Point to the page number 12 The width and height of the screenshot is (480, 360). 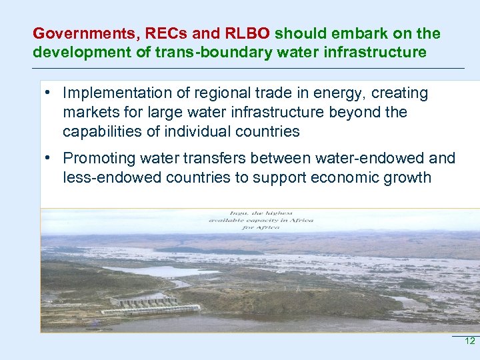pos(469,341)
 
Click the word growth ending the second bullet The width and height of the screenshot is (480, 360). pos(408,177)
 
